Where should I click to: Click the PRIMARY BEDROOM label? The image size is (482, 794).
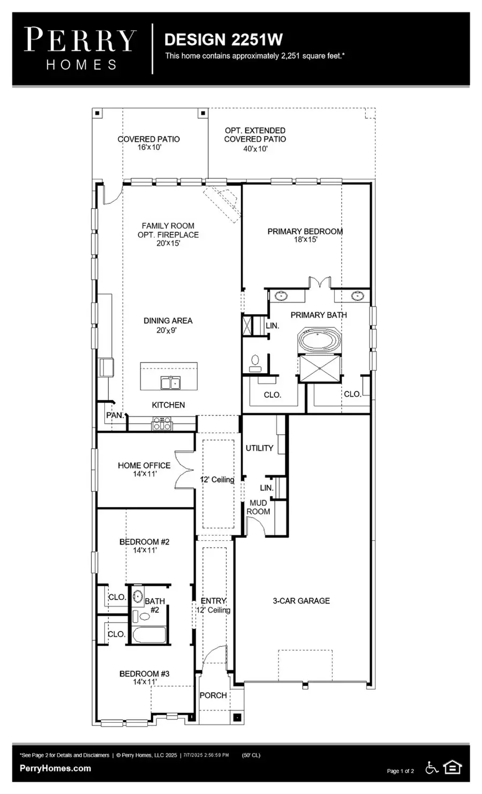pos(305,232)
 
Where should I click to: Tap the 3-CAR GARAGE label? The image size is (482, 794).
pos(301,601)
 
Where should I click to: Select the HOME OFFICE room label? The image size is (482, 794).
pos(144,466)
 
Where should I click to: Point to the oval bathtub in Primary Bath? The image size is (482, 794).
pos(319,341)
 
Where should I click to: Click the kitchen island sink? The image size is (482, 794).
pos(170,383)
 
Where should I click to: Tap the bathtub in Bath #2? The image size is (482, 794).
pos(149,635)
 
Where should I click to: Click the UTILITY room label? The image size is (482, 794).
pos(259,448)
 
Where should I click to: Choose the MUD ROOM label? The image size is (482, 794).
pos(258,508)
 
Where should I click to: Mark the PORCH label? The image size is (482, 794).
pos(213,695)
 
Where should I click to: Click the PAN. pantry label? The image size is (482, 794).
pos(115,415)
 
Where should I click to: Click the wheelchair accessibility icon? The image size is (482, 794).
pos(432,768)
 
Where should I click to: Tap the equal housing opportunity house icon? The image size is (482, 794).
pos(453,768)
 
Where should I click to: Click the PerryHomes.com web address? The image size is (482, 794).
pos(55,768)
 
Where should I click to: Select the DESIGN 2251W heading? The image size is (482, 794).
pos(223,40)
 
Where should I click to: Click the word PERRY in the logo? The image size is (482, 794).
pos(81,40)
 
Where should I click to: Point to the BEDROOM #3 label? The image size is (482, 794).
pos(144,674)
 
